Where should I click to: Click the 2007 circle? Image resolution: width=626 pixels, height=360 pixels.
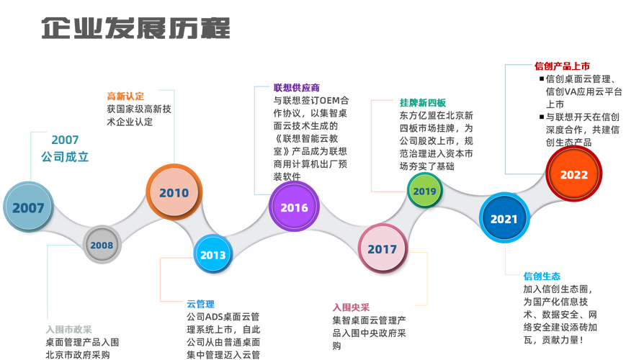[28, 208]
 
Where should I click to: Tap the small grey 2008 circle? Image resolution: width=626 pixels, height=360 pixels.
[102, 246]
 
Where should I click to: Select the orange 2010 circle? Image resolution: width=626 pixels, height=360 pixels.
[174, 192]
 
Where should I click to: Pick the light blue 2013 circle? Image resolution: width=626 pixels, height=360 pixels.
[213, 255]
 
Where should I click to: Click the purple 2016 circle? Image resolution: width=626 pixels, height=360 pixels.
[294, 207]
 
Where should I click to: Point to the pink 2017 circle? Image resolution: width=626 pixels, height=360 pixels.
[382, 249]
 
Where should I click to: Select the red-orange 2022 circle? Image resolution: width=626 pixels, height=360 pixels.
[574, 174]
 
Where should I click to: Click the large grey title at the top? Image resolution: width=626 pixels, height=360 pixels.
[135, 30]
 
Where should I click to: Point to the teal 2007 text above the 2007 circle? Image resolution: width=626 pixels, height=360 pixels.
[65, 140]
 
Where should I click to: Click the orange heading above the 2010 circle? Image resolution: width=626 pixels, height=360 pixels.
[125, 95]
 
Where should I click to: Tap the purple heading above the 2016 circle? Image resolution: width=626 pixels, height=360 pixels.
[296, 88]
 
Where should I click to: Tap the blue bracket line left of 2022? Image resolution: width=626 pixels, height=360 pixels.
[505, 119]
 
